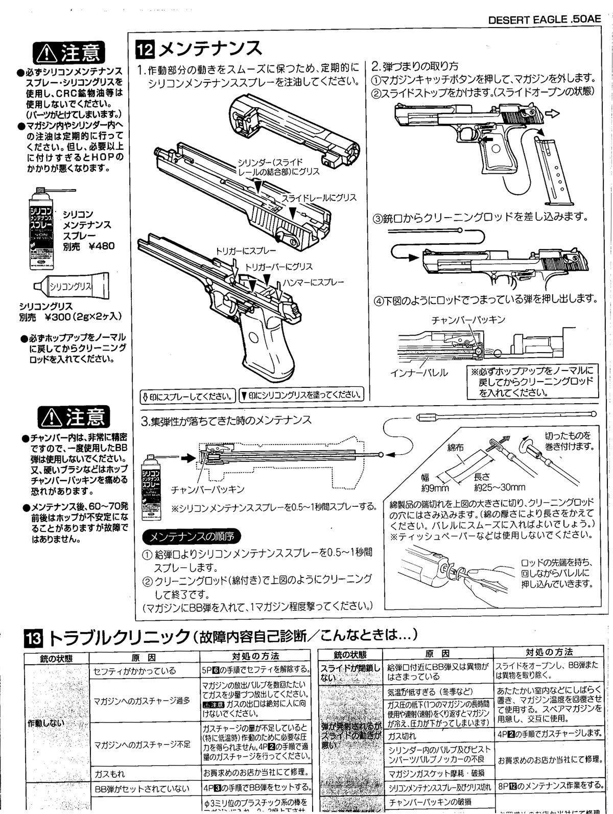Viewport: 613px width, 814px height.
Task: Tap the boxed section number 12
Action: (144, 49)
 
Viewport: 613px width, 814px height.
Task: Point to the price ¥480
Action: (101, 246)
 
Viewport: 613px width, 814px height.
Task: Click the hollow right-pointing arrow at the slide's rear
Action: (552, 113)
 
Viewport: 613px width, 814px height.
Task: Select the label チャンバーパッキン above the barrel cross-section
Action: (468, 320)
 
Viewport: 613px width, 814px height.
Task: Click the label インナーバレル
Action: (419, 373)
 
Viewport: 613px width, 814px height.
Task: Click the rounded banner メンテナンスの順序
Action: (191, 537)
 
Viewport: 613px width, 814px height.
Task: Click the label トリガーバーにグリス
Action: (279, 267)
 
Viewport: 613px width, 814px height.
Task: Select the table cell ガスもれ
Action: (110, 774)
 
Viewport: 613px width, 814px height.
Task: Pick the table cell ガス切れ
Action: (402, 736)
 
